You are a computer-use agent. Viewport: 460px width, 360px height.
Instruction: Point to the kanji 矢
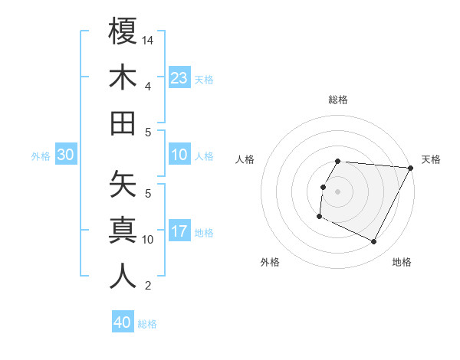(x=123, y=185)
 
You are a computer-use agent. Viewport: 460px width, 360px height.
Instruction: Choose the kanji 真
(x=123, y=231)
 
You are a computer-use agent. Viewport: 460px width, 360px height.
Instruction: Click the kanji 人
(x=123, y=277)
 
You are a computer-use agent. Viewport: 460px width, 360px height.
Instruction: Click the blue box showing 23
(x=179, y=77)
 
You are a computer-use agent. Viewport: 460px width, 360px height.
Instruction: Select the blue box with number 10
(x=179, y=155)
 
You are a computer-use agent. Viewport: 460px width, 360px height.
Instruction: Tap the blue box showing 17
(x=179, y=232)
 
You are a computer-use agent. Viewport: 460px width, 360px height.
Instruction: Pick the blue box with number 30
(x=66, y=155)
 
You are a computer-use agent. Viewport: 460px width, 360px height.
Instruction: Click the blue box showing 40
(x=123, y=322)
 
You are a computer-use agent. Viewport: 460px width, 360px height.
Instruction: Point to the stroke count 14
(x=149, y=39)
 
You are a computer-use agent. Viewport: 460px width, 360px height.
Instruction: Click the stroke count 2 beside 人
(x=148, y=286)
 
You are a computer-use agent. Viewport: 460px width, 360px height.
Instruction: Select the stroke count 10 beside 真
(x=149, y=240)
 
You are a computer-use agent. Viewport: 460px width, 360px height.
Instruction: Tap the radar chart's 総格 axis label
(x=338, y=100)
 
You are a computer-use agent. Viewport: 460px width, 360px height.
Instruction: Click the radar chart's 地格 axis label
(x=402, y=262)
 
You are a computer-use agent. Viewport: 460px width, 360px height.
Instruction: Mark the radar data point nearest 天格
(x=410, y=168)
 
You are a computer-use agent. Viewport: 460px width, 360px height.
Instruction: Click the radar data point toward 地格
(x=374, y=242)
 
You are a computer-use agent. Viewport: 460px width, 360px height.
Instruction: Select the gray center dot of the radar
(x=337, y=191)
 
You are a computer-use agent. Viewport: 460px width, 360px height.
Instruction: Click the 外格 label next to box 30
(x=41, y=156)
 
